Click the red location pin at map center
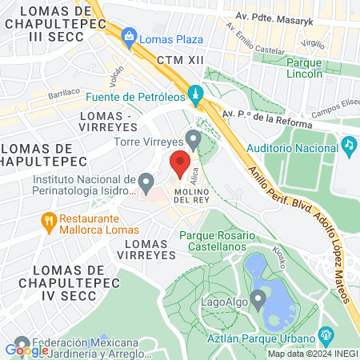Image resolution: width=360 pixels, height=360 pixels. (180, 164)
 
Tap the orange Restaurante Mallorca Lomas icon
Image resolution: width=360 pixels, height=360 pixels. (49, 221)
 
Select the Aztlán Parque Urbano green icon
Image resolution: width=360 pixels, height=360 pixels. (325, 334)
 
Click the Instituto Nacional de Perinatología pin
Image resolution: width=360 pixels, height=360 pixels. (146, 183)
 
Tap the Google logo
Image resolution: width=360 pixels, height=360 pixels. (27, 349)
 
